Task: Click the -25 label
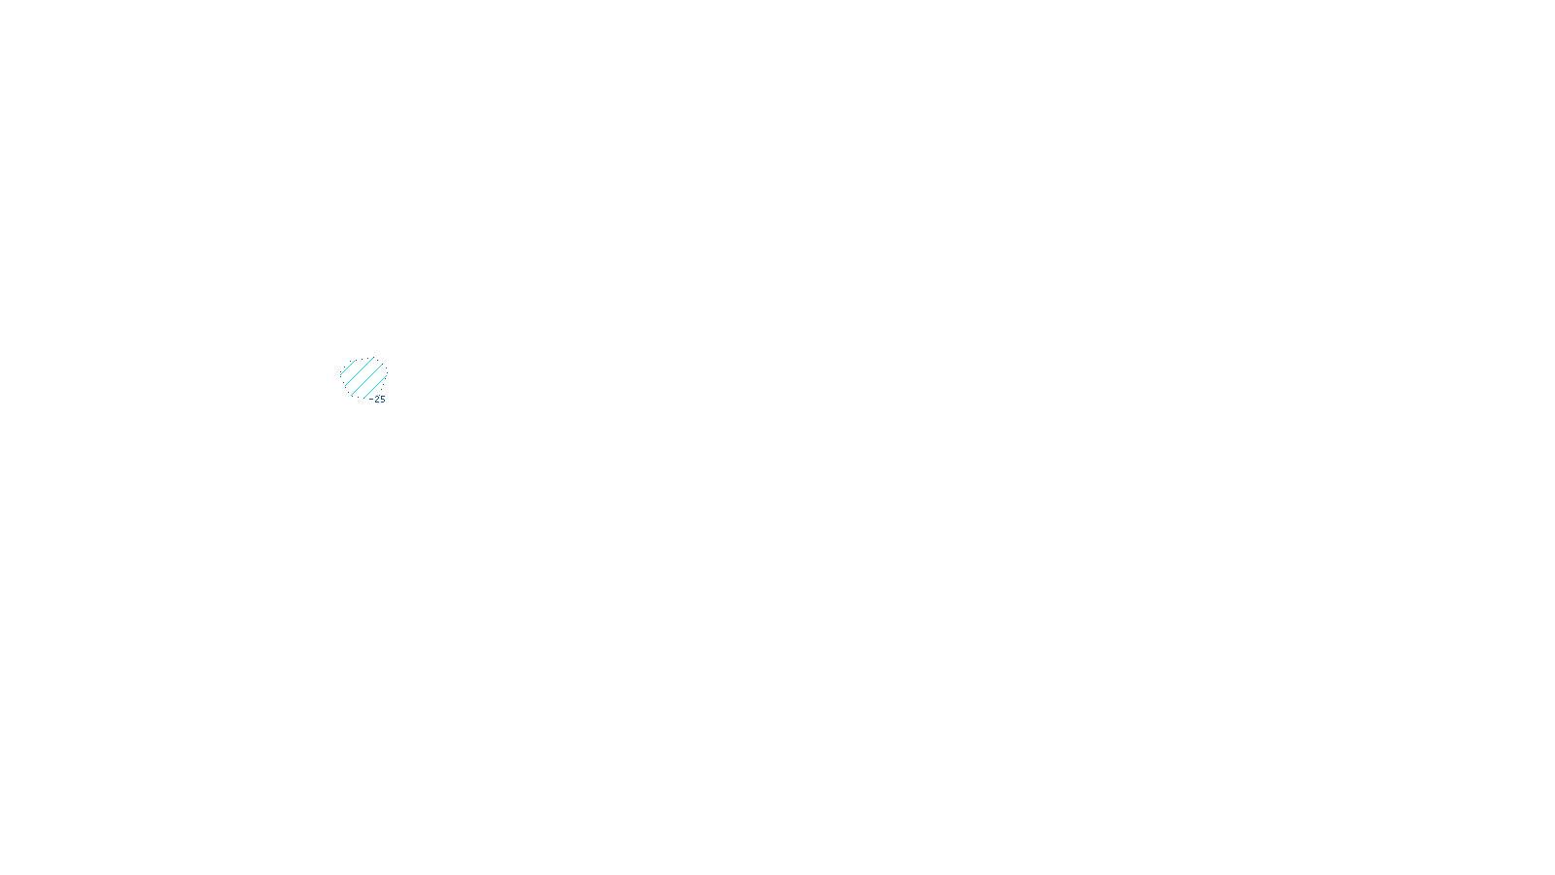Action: point(377,400)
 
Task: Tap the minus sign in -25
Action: point(370,400)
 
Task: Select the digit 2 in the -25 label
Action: point(377,400)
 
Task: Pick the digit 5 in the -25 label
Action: point(383,400)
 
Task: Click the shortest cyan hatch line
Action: point(348,367)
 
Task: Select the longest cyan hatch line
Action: point(367,380)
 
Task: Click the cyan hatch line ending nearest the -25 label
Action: point(375,388)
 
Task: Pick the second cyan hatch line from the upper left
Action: point(360,371)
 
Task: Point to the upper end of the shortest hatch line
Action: point(356,361)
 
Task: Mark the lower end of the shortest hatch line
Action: point(341,374)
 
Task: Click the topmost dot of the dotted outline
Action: point(368,358)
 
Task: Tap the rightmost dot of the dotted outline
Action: point(388,373)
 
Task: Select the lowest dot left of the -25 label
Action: point(363,398)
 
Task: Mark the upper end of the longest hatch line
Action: point(383,365)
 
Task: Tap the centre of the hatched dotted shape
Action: point(363,378)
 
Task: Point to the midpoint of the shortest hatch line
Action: point(348,367)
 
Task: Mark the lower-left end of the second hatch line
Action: point(346,385)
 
